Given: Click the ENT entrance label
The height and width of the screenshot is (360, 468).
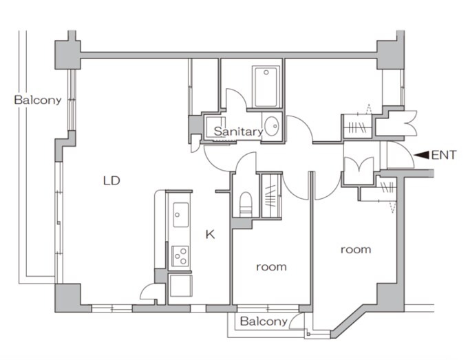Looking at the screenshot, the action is (444, 155).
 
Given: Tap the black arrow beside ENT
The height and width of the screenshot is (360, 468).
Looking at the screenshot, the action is (421, 155).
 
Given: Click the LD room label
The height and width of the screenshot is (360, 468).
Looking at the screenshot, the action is (111, 180).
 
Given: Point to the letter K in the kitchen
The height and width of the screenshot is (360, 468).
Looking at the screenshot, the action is (210, 235).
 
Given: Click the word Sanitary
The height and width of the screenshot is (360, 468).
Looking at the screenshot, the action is (238, 131).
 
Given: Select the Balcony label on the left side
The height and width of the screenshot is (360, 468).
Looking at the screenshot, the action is (38, 100).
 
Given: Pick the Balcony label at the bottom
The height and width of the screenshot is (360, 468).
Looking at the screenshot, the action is (264, 321).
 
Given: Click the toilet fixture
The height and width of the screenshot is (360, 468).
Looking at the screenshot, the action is (246, 204).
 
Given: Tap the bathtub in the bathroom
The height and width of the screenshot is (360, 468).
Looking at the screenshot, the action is (266, 87).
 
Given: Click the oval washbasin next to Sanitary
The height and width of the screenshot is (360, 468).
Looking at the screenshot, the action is (272, 126).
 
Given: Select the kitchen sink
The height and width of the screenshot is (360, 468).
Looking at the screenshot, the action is (181, 215).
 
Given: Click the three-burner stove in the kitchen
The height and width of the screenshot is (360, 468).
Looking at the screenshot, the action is (180, 256).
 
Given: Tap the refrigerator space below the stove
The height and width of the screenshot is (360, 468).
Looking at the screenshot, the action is (180, 286).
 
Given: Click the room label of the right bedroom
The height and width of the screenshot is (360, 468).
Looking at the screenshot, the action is (356, 250).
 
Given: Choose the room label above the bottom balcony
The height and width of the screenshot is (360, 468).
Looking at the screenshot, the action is (271, 267).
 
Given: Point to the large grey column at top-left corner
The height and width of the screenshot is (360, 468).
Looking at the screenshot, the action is (67, 54).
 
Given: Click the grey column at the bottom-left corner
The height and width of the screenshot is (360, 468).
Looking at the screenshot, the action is (67, 297).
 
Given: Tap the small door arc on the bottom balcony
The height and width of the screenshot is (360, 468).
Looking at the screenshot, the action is (295, 319).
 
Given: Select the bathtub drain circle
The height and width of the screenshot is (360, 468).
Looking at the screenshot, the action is (266, 72).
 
